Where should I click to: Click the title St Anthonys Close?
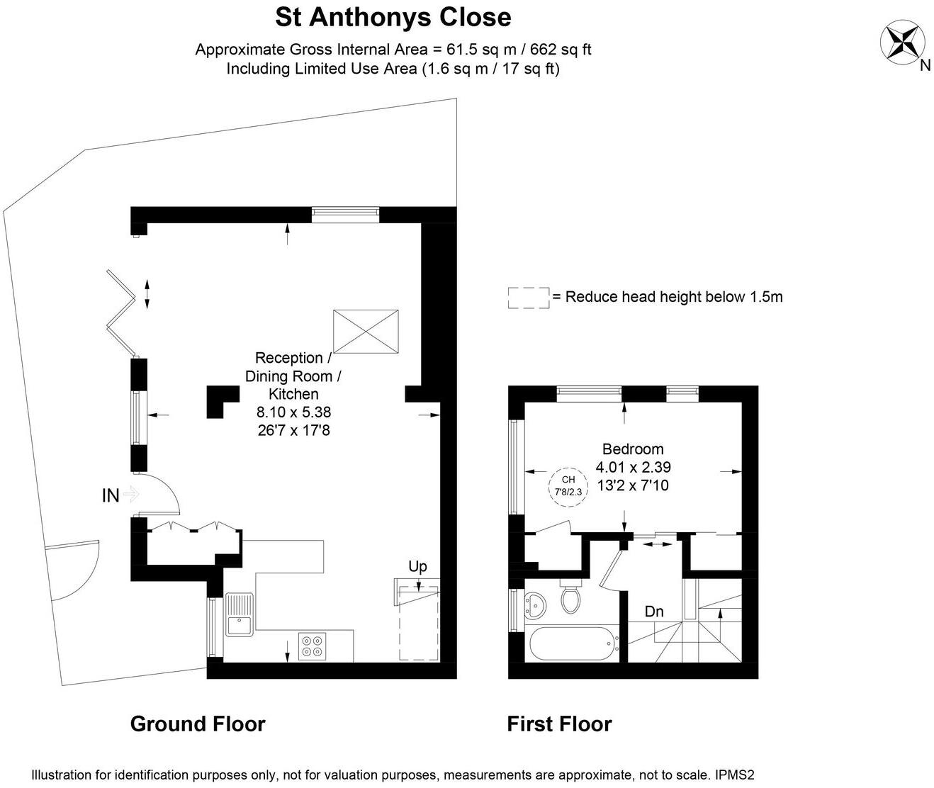393,17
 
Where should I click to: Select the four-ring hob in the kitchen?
313,646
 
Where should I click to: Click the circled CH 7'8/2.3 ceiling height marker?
568,486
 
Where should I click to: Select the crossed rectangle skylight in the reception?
366,331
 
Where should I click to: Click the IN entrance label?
111,495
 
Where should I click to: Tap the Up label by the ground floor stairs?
417,566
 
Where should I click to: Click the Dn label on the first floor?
653,611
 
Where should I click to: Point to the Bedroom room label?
633,449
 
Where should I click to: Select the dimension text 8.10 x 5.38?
293,412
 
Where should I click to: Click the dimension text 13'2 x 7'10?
633,485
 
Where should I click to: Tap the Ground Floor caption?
198,724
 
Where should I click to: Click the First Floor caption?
559,724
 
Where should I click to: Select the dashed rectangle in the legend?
529,298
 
